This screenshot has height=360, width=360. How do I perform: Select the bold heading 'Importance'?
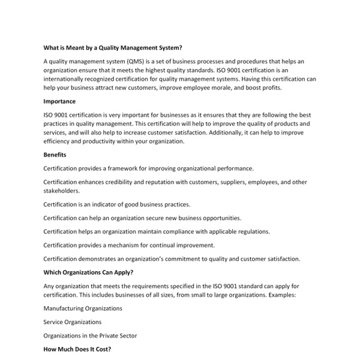(x=59, y=101)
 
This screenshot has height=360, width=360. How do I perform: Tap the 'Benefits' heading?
(x=55, y=155)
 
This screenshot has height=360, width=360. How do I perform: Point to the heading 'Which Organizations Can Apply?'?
(x=89, y=272)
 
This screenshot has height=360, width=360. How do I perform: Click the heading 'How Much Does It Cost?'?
(x=77, y=349)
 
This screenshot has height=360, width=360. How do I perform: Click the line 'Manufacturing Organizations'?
(x=83, y=308)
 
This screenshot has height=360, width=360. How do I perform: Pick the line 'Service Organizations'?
(x=73, y=322)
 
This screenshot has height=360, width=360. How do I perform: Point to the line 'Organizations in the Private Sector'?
(x=91, y=336)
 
